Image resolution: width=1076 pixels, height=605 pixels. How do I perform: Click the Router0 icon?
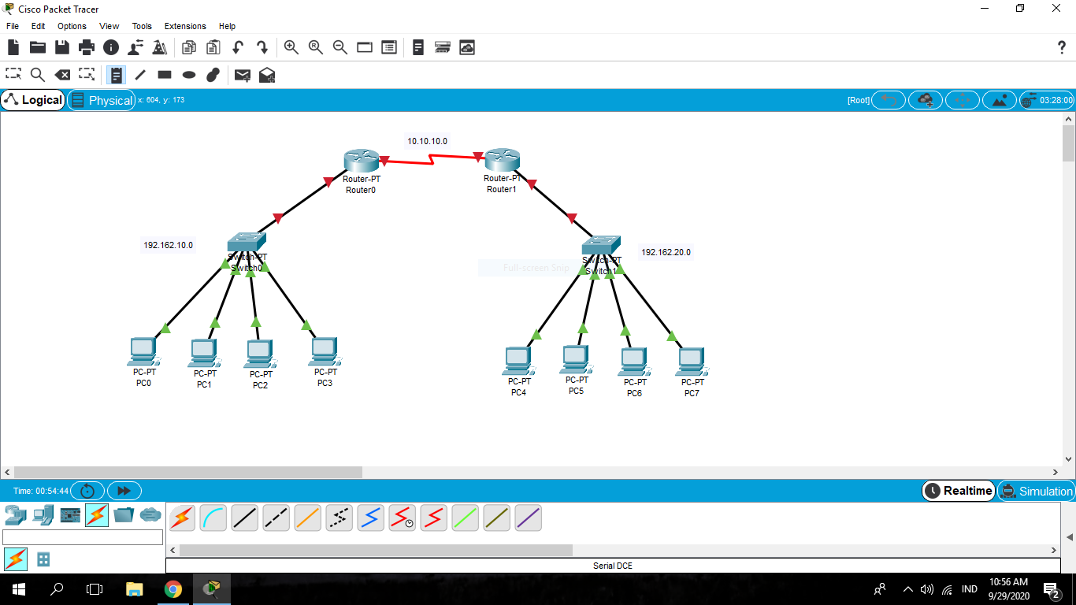pos(361,160)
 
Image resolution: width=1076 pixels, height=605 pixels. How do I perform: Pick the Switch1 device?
pos(602,245)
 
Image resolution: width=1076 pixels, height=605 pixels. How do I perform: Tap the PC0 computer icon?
pos(143,351)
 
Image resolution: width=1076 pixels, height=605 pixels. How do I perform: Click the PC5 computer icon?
pos(576,359)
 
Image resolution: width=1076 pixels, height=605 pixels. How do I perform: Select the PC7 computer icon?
pos(691,362)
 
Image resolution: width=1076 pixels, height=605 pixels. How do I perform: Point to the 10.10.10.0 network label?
pos(427,142)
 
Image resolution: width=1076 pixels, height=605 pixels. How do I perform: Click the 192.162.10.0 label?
pos(168,245)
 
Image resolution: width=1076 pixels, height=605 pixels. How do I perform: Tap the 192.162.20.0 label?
pos(666,252)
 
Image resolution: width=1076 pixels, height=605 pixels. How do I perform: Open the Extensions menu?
pos(185,26)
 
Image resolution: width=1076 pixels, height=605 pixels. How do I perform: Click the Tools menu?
pos(142,26)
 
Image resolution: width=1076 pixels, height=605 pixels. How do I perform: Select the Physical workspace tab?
pos(102,100)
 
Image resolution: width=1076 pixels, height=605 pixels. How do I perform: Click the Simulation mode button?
pos(1036,491)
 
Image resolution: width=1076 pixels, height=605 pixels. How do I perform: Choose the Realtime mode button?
pos(959,491)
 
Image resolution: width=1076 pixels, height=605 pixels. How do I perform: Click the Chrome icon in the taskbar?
pos(173,588)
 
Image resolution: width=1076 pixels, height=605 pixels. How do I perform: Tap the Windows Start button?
pos(19,588)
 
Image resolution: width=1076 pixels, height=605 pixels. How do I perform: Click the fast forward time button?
pos(124,491)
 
